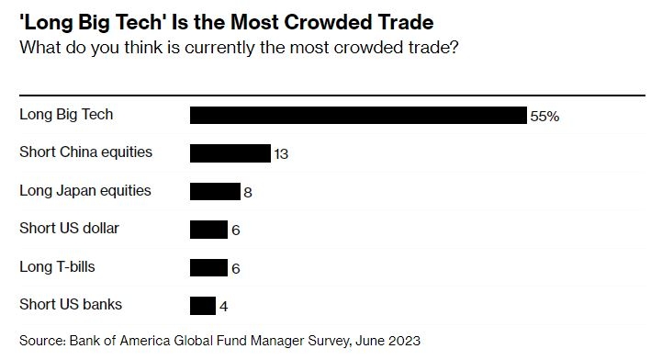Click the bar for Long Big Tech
point(358,115)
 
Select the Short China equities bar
point(230,153)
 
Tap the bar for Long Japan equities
point(215,192)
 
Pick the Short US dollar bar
point(208,230)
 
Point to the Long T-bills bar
point(208,267)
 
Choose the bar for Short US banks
point(203,306)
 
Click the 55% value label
point(544,116)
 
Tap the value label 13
point(281,154)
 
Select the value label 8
point(248,193)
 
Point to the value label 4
point(224,307)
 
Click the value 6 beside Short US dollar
point(236,230)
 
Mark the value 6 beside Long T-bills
point(236,268)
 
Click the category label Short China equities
point(85,152)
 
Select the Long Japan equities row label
point(85,191)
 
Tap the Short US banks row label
point(71,304)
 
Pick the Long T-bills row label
point(57,266)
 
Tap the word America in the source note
point(145,341)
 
